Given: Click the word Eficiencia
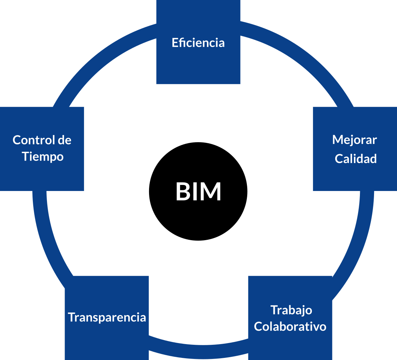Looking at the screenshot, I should (x=198, y=43).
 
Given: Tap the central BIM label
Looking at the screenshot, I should (x=198, y=192).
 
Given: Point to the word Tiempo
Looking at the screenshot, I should (x=43, y=157).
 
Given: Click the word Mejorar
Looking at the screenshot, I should (x=355, y=140).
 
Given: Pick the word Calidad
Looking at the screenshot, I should (x=356, y=159).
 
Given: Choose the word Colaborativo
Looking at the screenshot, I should (x=290, y=326).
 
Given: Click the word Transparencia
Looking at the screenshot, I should (x=107, y=317).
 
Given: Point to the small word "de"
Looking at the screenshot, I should (x=64, y=140).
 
